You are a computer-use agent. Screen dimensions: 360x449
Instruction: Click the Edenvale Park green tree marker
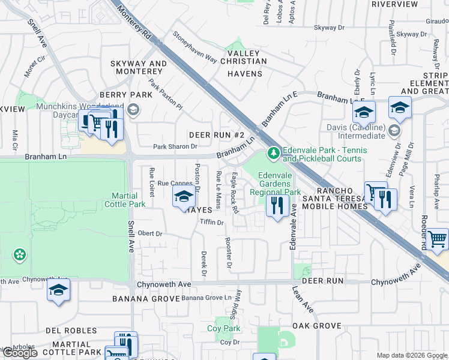tap(274, 154)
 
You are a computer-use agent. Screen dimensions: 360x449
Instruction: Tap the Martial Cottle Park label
tap(129, 200)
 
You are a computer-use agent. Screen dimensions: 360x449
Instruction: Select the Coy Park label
tap(223, 328)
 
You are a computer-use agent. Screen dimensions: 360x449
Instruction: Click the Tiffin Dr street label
tap(211, 222)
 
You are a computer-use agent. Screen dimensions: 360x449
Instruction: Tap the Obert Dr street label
tap(149, 233)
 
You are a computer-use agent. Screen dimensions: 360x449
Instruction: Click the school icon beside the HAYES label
tap(184, 197)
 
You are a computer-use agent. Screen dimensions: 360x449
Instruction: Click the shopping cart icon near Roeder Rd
tap(438, 239)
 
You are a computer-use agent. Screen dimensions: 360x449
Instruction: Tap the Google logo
tap(20, 353)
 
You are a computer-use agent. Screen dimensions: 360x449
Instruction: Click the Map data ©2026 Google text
tap(411, 355)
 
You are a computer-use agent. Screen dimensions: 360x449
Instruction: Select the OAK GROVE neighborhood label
tap(316, 325)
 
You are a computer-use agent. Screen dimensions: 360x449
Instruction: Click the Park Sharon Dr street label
tap(175, 146)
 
